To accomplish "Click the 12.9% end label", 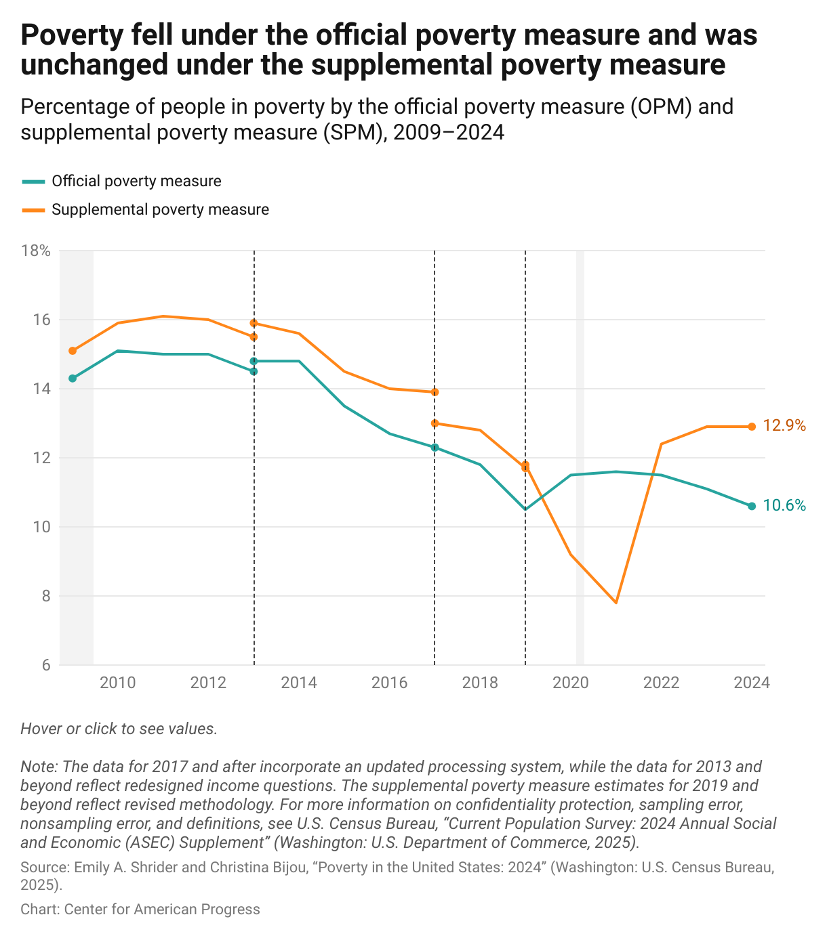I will click(784, 426).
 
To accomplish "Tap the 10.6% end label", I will click(784, 505).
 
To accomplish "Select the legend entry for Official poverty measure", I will click(136, 181).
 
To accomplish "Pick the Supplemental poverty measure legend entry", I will click(160, 210).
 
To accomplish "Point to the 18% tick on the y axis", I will click(36, 251).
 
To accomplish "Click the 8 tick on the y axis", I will click(45, 596).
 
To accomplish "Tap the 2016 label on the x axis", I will click(389, 683).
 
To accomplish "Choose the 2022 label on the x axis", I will click(661, 683).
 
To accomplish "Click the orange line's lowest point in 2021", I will click(616, 602).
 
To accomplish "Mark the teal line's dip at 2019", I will click(525, 509).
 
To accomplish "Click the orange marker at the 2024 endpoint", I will click(752, 427).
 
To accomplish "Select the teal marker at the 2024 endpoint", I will click(752, 506).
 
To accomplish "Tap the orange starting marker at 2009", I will click(73, 351).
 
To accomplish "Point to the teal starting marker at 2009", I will click(73, 379).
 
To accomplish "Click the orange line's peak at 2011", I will click(163, 316).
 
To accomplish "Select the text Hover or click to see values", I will click(119, 729).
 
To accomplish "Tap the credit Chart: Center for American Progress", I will click(140, 910).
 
